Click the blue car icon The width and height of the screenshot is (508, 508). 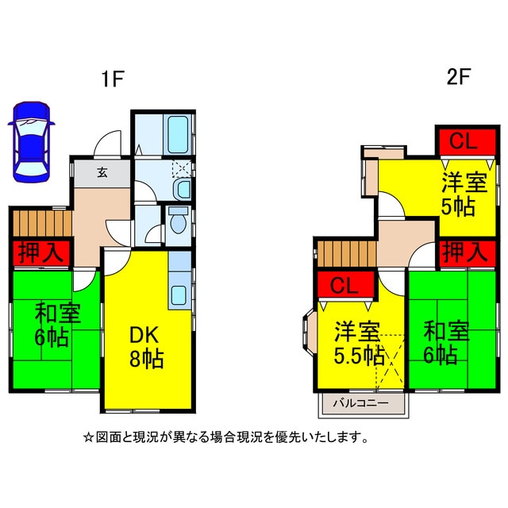point(32,142)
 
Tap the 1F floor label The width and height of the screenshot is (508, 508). point(113,79)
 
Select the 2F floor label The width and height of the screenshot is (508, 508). point(458,77)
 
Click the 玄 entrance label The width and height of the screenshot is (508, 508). point(102,173)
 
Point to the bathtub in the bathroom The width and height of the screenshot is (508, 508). point(178,134)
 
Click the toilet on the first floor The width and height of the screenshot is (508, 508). point(178,220)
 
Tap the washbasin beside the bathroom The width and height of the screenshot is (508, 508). point(183,189)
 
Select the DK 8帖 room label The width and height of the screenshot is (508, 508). point(145,347)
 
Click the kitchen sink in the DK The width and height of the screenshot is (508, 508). point(179,294)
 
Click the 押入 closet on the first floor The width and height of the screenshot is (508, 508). point(41,253)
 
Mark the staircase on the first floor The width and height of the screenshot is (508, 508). point(42,224)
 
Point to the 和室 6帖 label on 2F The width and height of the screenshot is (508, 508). point(446,342)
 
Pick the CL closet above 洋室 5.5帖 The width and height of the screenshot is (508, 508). point(345,285)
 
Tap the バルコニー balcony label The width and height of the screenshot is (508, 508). point(360,403)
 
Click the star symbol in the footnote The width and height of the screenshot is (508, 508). point(88,438)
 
